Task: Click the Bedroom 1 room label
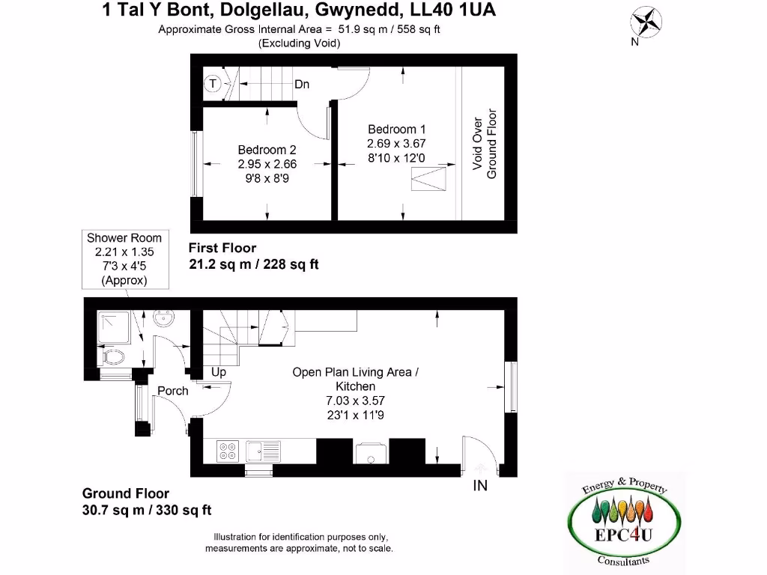click(396, 130)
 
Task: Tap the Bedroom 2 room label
click(267, 150)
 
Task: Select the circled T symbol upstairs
click(213, 83)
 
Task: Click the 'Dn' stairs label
click(302, 85)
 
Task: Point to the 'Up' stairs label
click(219, 371)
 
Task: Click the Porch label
click(172, 391)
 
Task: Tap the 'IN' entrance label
click(480, 486)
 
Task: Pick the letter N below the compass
click(634, 42)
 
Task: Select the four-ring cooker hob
click(228, 450)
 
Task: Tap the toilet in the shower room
click(113, 355)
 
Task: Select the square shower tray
click(114, 326)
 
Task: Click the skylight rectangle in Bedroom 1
click(429, 181)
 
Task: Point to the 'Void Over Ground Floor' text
click(485, 144)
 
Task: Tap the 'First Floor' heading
click(222, 248)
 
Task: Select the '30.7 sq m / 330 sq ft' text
click(147, 510)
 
